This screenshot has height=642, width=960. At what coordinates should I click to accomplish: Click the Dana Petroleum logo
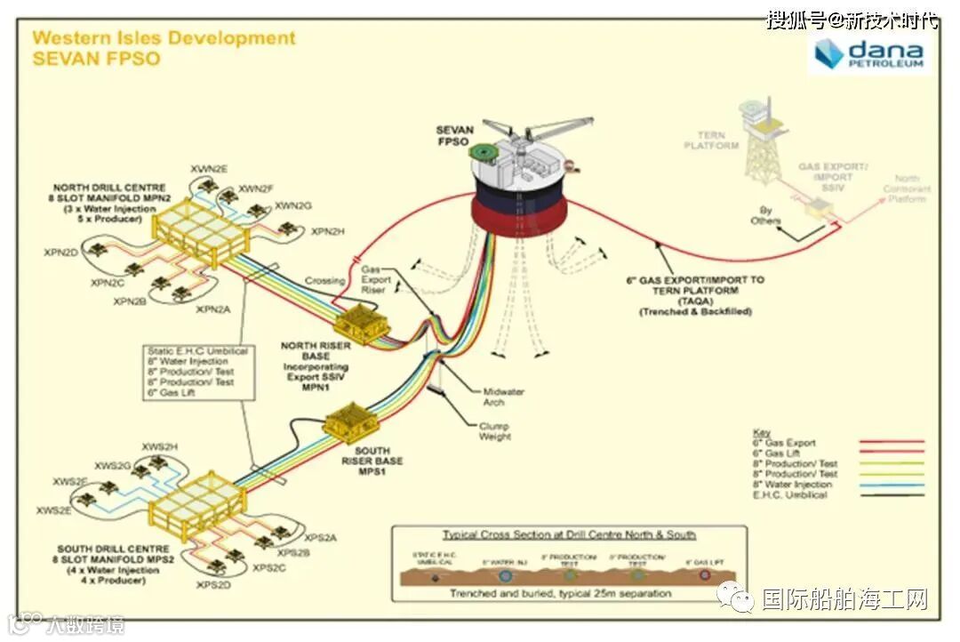click(870, 54)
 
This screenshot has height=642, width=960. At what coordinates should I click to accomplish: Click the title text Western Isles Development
click(164, 38)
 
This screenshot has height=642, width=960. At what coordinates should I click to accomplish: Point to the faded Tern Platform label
click(711, 140)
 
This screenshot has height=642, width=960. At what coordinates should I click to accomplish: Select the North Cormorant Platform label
click(907, 189)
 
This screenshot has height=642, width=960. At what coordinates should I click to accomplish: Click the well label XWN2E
click(209, 168)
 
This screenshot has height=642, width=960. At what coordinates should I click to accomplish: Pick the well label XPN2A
click(213, 309)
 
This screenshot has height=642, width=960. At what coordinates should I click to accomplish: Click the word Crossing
click(324, 281)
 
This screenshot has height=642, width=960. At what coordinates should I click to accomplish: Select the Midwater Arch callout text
click(503, 397)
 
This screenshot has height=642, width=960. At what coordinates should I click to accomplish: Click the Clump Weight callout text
click(495, 430)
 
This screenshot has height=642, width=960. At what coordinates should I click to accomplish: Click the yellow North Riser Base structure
click(361, 323)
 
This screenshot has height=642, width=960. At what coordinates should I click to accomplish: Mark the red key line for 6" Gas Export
click(891, 442)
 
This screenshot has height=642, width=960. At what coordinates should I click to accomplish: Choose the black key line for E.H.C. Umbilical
click(891, 494)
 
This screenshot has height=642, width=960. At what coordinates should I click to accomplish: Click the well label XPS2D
click(213, 585)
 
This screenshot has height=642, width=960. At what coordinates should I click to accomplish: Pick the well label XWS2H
click(160, 446)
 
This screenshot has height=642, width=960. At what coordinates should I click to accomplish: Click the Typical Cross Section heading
click(569, 534)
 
